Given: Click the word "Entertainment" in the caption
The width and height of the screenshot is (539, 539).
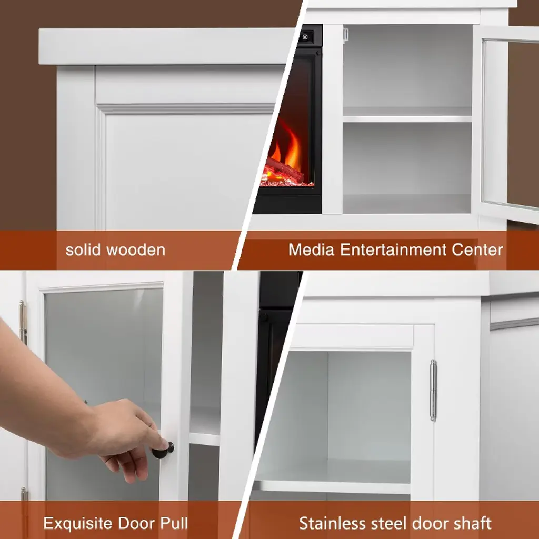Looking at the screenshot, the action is coord(393,249).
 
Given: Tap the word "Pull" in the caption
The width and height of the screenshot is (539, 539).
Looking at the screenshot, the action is coord(174,523).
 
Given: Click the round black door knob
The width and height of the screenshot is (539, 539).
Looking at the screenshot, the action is coord(163,451).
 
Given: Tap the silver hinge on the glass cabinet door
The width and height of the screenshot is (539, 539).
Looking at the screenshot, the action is coord(433,390).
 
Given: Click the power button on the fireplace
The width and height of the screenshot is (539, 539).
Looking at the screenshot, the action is coord(305,37).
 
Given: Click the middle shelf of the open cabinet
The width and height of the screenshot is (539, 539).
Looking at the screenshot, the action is coord(407,119).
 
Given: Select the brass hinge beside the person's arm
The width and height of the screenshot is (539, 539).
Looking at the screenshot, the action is coord(23,322).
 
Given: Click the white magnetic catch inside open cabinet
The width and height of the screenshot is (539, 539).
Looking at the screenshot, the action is coord(345,35).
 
